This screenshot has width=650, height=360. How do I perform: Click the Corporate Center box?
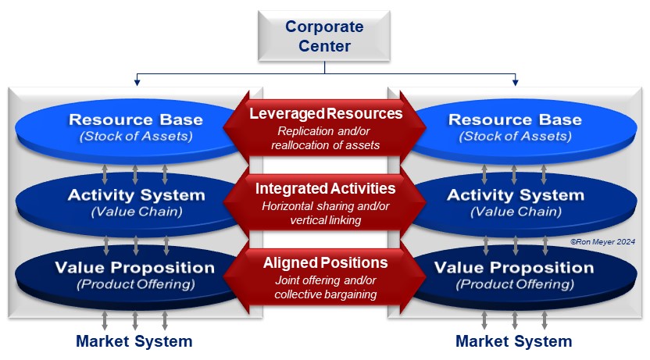click(x=324, y=36)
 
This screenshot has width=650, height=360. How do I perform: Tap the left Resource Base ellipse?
click(x=135, y=127)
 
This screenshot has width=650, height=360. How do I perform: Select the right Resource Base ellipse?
click(x=515, y=127)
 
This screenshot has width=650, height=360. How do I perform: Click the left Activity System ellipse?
click(x=135, y=201)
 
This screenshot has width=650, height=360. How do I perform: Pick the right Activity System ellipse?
click(x=515, y=201)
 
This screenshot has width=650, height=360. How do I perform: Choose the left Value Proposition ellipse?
click(x=135, y=275)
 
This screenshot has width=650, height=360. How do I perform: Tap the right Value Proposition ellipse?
click(x=515, y=275)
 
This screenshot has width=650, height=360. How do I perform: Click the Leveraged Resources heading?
click(x=325, y=114)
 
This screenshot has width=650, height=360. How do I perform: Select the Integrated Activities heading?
click(x=325, y=188)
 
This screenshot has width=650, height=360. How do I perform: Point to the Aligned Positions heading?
click(x=325, y=262)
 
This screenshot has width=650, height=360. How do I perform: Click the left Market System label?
click(x=134, y=341)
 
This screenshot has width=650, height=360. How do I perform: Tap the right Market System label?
click(x=513, y=341)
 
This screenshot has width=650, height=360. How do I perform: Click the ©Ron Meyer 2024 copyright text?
click(x=601, y=242)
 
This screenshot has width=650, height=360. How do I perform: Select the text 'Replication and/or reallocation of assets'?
click(x=325, y=137)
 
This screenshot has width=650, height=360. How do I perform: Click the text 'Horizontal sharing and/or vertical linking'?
click(x=325, y=212)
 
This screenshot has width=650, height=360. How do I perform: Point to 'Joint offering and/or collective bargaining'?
click(x=325, y=287)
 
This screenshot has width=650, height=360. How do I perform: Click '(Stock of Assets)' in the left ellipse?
click(x=135, y=137)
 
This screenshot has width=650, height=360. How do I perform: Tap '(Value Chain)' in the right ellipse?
click(x=515, y=211)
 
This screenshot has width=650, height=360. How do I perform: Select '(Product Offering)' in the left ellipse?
click(x=135, y=284)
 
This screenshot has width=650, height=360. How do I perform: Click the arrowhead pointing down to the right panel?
click(x=515, y=81)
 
